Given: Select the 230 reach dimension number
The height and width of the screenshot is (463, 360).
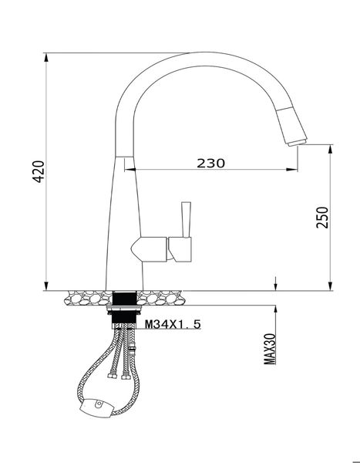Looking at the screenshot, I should click(x=210, y=163).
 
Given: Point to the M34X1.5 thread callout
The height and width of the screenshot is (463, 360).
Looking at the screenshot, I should click(x=173, y=325).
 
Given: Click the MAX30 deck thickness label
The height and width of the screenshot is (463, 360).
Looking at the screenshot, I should click(x=270, y=348).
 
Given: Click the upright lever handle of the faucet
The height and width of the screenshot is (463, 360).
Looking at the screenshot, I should click(x=184, y=218).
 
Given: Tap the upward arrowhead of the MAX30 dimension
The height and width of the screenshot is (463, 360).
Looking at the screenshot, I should click(x=275, y=309).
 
